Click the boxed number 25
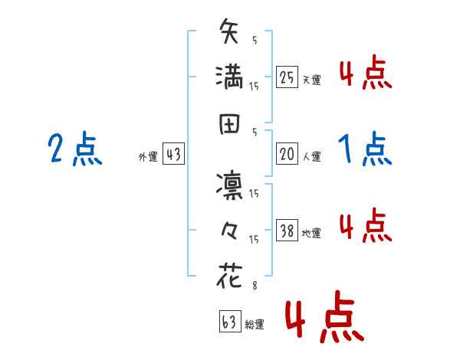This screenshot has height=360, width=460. (x=287, y=77)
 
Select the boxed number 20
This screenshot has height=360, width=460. (x=287, y=154)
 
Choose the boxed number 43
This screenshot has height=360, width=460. (x=172, y=154)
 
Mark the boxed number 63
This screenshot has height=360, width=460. (x=229, y=322)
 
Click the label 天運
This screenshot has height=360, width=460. (x=311, y=80)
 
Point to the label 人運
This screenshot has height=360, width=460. (x=311, y=156)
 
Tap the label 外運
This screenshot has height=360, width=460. (x=147, y=156)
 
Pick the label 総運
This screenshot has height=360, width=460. (x=255, y=325)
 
